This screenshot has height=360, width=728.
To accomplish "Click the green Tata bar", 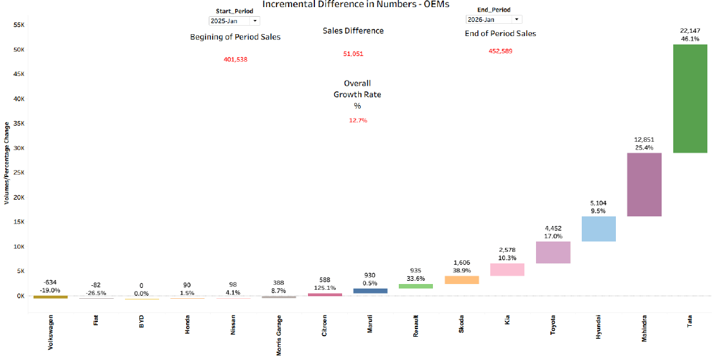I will (x=689, y=99).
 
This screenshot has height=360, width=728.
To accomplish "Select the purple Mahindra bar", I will (x=645, y=184).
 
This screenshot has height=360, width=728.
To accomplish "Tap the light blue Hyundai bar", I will (x=599, y=229).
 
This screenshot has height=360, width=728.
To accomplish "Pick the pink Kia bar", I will (x=507, y=269).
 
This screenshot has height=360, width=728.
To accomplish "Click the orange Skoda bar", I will (x=461, y=279).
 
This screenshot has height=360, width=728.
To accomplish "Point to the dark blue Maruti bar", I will (x=370, y=290).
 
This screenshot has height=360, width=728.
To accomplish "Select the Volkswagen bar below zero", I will (x=50, y=297).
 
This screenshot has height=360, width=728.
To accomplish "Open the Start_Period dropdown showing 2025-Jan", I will (x=235, y=21).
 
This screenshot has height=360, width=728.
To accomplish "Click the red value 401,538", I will (x=235, y=59).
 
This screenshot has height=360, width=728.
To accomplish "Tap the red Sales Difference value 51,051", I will (x=353, y=54).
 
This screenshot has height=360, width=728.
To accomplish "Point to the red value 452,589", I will (x=501, y=51).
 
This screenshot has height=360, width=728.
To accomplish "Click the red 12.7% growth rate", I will (x=358, y=120).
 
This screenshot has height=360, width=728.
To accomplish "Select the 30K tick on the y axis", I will (x=18, y=148).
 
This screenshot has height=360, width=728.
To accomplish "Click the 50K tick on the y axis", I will (x=18, y=50).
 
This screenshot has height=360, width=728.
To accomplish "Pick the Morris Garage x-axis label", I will (x=278, y=335).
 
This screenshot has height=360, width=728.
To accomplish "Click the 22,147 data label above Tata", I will (x=690, y=31).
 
